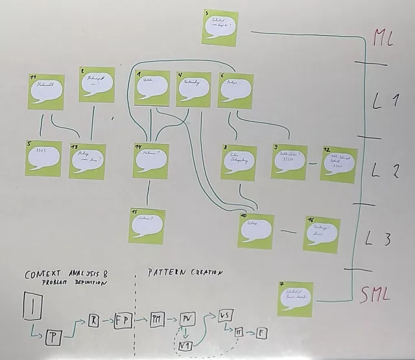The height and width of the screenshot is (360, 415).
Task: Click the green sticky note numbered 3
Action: coord(220,28)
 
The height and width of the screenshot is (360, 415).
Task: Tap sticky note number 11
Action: coord(46,91)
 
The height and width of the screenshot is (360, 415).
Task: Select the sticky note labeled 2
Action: coord(97,84)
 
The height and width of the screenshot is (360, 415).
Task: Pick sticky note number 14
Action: coord(150,160)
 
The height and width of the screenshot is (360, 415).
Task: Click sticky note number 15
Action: coord(147,226)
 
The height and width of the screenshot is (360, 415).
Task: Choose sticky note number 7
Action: coord(294,299)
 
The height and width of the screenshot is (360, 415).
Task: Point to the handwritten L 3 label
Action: coord(377,238)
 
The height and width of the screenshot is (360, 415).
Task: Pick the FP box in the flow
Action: coord(123,320)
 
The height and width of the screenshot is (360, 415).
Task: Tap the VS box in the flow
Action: coord(226,316)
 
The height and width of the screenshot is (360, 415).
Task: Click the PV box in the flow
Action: coord(187,320)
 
